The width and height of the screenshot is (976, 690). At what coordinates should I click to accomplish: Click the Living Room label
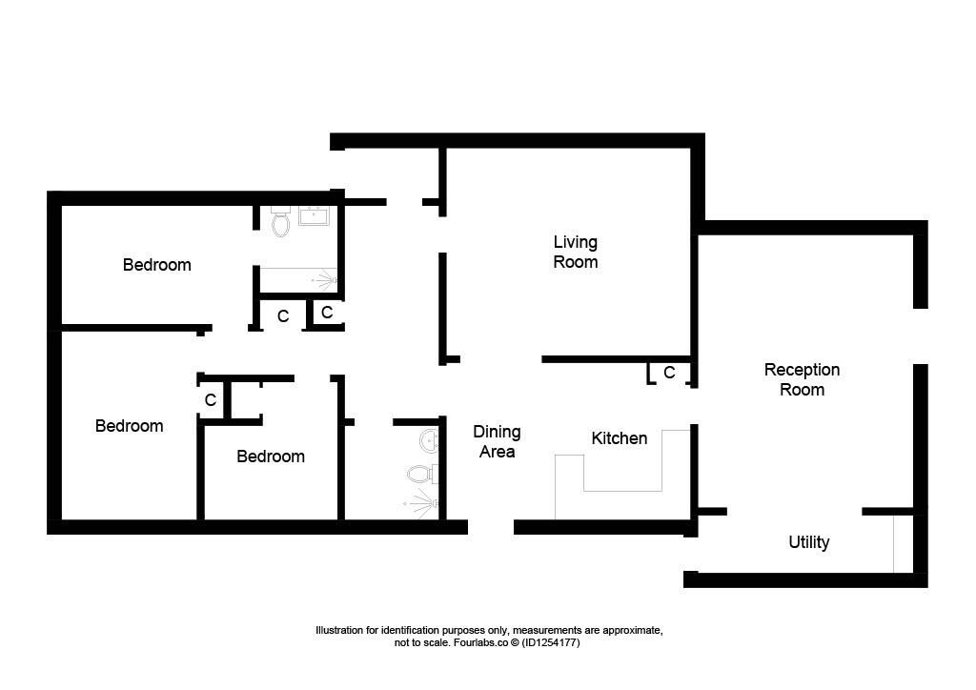tap(575, 252)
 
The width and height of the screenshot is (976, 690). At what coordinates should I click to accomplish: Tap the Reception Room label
tap(802, 379)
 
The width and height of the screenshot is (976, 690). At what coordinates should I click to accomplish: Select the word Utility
tap(808, 542)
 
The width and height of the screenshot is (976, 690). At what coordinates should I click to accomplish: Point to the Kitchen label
tap(619, 438)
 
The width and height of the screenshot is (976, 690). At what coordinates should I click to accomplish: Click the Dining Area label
tap(497, 442)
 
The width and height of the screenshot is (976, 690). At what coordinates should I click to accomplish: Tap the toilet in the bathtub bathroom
tap(281, 221)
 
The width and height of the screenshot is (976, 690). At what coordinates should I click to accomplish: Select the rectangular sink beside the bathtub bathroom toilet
tap(314, 216)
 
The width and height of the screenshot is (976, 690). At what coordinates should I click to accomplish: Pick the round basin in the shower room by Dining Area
tap(430, 441)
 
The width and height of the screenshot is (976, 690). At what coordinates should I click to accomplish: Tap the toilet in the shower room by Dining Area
tap(422, 474)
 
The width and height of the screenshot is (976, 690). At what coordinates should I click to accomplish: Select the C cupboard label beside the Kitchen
tap(669, 373)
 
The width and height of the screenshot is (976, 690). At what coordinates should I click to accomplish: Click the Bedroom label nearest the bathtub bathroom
tap(157, 265)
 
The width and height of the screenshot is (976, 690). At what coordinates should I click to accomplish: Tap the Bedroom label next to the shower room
tap(271, 457)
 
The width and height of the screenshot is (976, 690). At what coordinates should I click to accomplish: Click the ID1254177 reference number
tap(551, 642)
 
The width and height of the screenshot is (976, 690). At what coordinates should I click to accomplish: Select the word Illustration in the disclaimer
tap(339, 630)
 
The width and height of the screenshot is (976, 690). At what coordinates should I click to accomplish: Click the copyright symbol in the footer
tap(515, 642)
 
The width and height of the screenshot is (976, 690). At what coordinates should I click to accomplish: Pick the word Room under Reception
tap(802, 390)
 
